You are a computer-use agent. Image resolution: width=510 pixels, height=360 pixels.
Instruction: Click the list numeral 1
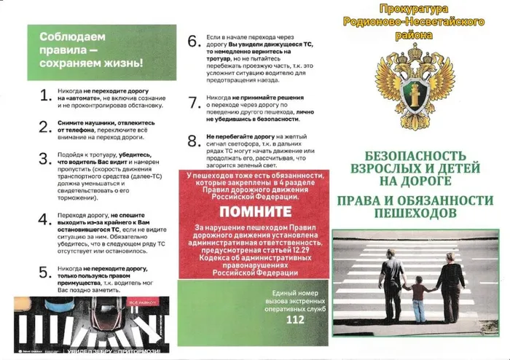pos(44,98)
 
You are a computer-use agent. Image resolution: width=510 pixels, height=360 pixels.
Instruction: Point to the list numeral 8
pos(193,141)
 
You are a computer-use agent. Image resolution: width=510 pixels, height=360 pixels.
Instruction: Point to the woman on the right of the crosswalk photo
pos(449,284)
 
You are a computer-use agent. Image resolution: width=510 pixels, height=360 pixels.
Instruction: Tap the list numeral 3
pos(44,159)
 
